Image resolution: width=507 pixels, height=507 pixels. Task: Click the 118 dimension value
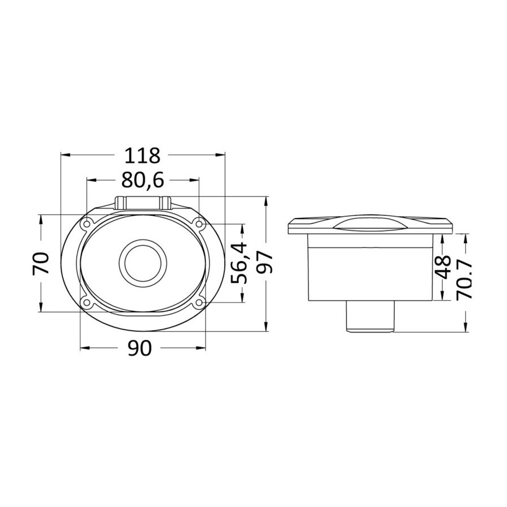tap(143, 155)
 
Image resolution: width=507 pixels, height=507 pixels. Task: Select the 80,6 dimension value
tap(143, 180)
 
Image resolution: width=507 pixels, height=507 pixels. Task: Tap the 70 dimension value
tap(41, 263)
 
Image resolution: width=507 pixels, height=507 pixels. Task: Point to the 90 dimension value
tap(140, 348)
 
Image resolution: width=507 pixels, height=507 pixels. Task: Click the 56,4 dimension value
tap(239, 264)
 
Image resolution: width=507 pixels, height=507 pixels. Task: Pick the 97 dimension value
tap(265, 264)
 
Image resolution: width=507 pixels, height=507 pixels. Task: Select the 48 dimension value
tap(443, 267)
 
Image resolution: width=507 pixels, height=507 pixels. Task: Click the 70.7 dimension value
tap(466, 281)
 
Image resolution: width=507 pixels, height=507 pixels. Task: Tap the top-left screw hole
tap(87, 224)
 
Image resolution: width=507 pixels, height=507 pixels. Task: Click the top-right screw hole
tap(199, 224)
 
